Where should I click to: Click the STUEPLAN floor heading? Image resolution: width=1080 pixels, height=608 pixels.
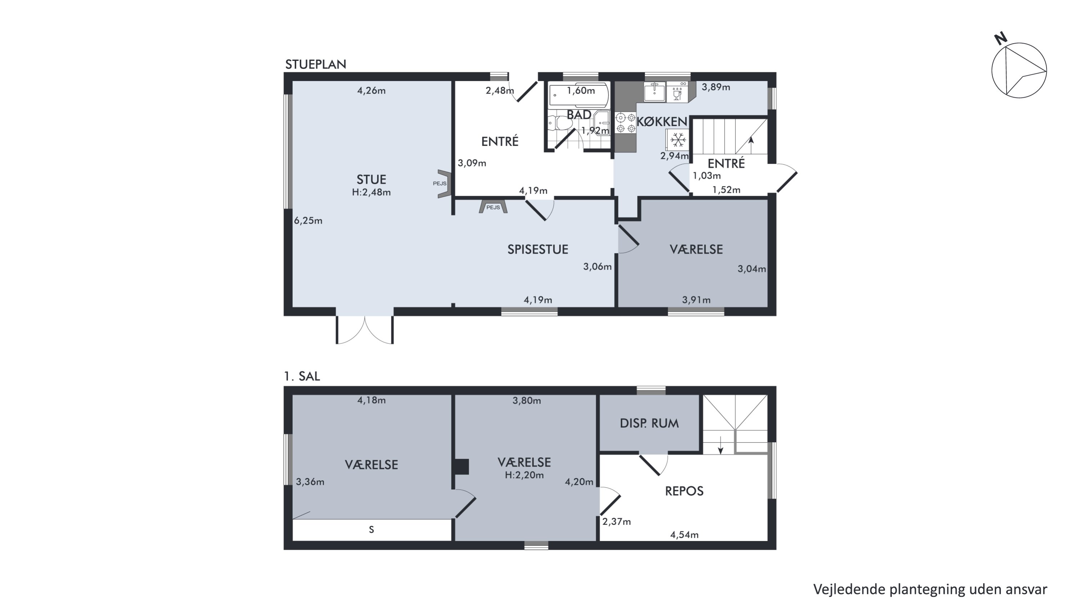pos(316,65)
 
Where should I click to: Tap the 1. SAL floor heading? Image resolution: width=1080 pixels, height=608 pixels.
pos(302,376)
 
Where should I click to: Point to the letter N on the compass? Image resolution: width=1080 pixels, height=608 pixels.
pos(1001,39)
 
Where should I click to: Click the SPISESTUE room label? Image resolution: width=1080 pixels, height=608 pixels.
pos(538,249)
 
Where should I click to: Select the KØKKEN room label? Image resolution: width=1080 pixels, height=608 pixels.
pos(662,122)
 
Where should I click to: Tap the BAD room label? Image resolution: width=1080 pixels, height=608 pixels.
pos(579,115)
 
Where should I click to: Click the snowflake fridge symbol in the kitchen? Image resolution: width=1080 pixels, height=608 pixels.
pos(678,139)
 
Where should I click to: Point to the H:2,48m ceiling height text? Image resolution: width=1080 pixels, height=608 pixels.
pos(372,192)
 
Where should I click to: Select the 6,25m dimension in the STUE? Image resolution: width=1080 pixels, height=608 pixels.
pos(308,221)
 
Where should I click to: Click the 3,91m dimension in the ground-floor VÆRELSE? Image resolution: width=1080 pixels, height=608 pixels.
pos(696,300)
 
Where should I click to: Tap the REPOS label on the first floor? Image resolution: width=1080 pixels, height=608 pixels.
pos(684,491)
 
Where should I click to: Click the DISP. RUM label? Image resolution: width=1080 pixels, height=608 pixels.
pos(649,423)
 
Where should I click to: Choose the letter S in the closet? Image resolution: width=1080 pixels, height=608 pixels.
pos(372,530)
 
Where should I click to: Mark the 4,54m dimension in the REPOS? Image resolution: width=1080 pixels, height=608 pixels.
pos(684,535)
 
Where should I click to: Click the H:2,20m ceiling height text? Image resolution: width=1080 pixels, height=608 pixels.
pos(525,475)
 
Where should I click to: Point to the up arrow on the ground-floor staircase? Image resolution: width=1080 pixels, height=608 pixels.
pos(751,145)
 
